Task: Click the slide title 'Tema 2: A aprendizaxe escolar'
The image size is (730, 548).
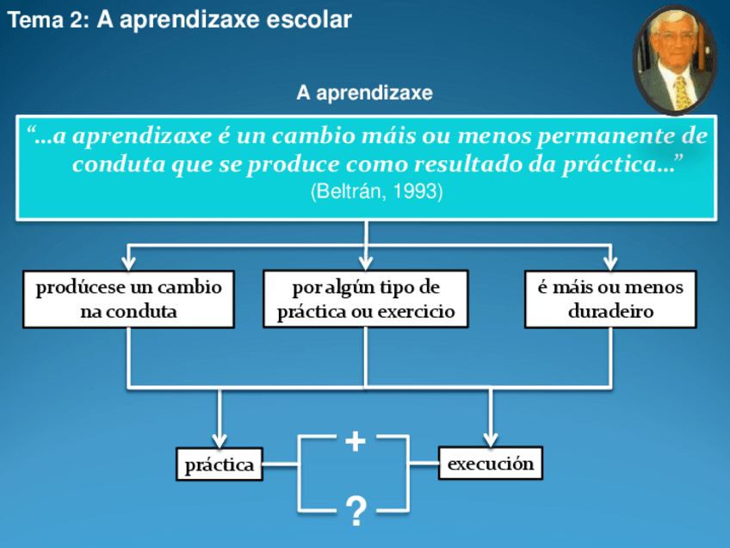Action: click(180, 20)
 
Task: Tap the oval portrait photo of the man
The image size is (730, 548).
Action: click(675, 59)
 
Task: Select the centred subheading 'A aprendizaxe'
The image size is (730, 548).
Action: click(364, 92)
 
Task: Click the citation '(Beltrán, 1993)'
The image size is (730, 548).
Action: click(376, 191)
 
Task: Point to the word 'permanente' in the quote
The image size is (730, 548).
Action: click(613, 136)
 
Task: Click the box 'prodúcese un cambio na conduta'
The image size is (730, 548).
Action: click(128, 299)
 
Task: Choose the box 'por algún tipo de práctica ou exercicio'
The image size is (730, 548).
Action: click(366, 299)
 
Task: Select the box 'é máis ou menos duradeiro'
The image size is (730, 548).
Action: click(610, 299)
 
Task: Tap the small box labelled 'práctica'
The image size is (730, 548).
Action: click(219, 465)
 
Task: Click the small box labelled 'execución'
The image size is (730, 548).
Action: click(491, 464)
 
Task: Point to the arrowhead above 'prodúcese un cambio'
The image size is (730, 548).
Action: click(128, 260)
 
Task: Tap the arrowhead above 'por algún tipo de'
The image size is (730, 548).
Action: click(366, 260)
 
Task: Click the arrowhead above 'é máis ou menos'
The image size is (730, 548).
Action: click(610, 260)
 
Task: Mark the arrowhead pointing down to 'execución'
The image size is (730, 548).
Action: click(491, 438)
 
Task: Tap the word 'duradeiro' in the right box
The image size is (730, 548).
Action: click(610, 311)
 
